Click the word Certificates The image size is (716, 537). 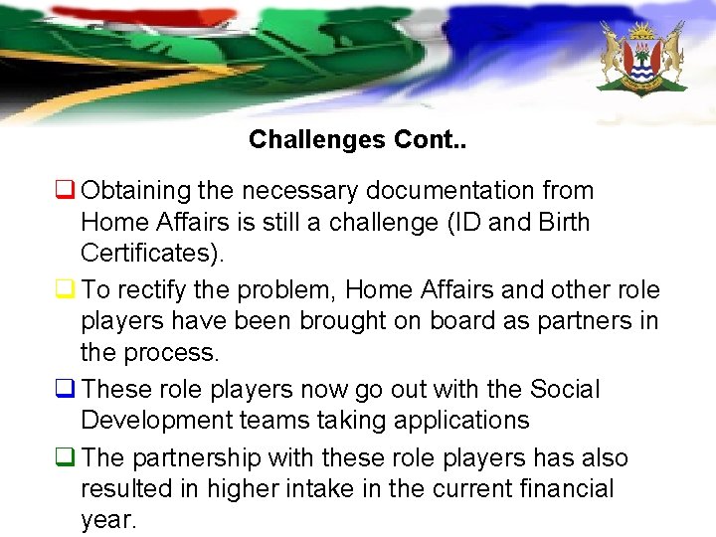coord(149,253)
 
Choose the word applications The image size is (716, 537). coord(461,421)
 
